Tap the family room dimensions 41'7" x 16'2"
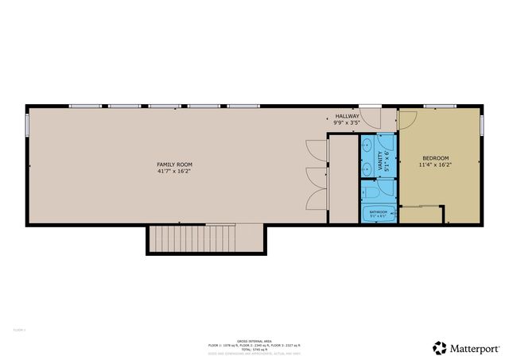click(x=174, y=171)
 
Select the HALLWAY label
click(x=348, y=116)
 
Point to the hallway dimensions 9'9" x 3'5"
click(x=348, y=123)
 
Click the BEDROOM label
click(x=435, y=158)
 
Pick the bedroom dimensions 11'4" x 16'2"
click(x=435, y=165)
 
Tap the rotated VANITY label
click(x=380, y=162)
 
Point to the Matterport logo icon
click(x=439, y=347)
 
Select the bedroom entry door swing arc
click(x=407, y=119)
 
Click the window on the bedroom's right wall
click(x=483, y=125)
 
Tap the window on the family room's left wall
click(x=27, y=125)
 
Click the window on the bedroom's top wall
click(x=437, y=106)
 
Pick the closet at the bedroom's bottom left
click(x=421, y=215)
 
